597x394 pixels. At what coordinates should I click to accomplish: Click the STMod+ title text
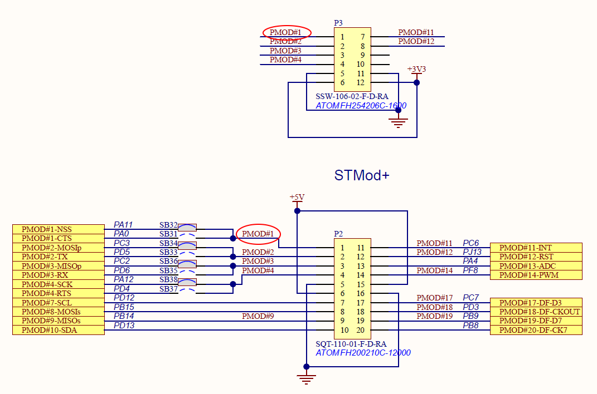click(361, 175)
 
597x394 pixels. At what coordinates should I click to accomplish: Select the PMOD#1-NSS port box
click(59, 229)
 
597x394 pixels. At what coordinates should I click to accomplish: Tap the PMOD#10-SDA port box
click(59, 330)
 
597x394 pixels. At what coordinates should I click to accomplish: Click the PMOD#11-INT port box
click(536, 248)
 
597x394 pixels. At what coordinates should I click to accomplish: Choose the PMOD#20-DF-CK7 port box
click(536, 330)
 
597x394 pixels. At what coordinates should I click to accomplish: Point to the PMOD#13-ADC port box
click(536, 266)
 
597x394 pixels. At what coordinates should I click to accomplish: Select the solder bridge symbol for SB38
click(187, 282)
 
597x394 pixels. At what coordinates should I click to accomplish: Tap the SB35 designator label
click(168, 271)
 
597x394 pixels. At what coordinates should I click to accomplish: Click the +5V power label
click(297, 198)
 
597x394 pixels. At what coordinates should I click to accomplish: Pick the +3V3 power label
click(416, 70)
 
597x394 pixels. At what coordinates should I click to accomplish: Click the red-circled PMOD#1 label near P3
click(286, 32)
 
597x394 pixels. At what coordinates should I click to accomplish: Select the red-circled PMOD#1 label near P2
click(258, 234)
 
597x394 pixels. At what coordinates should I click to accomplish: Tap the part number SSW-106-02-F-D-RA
click(351, 96)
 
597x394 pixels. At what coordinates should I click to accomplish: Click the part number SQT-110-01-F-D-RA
click(351, 344)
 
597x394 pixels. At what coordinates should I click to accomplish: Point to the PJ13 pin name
click(472, 252)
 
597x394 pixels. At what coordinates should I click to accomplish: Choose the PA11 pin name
click(124, 224)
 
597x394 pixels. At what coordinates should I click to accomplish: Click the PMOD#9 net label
click(258, 316)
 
